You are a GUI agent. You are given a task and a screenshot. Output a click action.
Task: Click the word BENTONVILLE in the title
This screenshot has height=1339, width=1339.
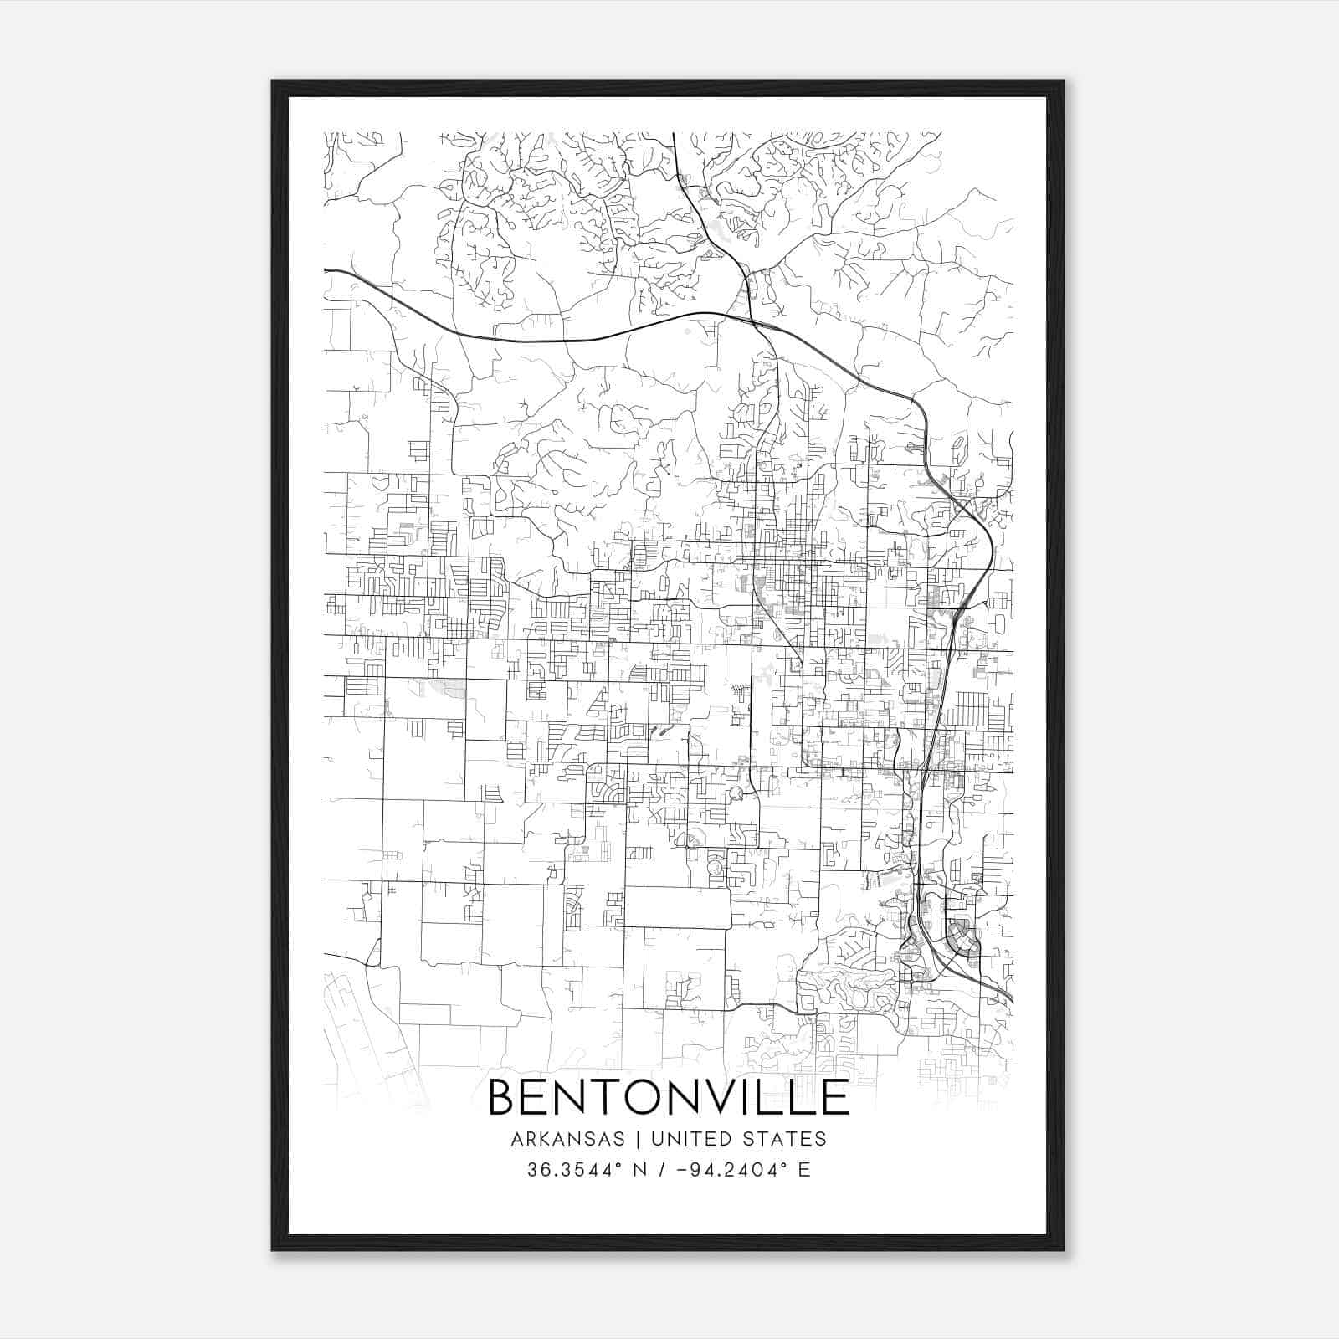point(668,1097)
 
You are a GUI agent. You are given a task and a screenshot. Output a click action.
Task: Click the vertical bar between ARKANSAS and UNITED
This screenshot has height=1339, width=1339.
point(638,1139)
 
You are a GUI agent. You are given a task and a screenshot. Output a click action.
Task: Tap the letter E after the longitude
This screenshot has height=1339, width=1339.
point(803,1170)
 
